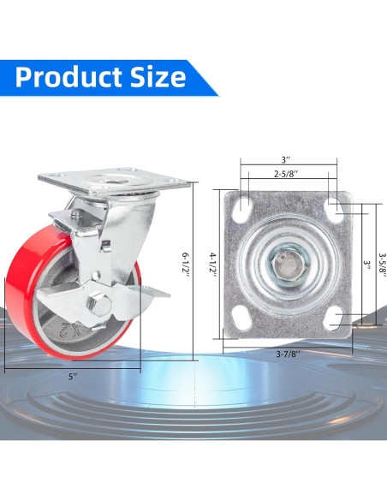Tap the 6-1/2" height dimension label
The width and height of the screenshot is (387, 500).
point(185,265)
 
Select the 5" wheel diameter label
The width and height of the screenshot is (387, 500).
point(73,377)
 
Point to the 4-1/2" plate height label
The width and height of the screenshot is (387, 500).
point(213,265)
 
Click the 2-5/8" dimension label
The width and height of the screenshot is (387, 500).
point(286,174)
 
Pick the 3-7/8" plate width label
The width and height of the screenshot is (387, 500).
point(288,354)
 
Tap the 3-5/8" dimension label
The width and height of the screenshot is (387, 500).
point(382,265)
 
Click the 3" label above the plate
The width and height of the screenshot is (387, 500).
point(286,159)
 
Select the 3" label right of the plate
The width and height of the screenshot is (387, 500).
point(367,265)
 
